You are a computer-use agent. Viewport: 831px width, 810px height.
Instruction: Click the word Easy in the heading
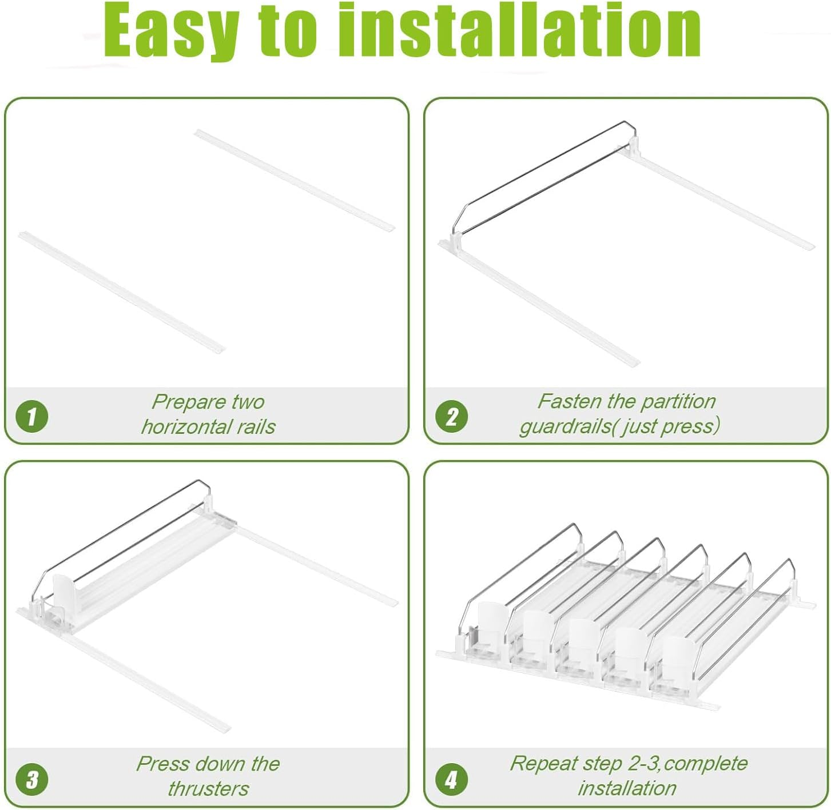click(171, 33)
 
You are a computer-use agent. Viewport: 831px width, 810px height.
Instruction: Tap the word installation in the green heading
click(519, 30)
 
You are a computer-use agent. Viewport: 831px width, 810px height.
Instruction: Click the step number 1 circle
click(31, 416)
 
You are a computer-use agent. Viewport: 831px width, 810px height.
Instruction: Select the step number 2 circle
click(451, 416)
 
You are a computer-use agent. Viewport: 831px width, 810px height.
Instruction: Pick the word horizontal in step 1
click(186, 426)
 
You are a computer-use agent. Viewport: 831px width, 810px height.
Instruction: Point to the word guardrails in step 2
click(565, 427)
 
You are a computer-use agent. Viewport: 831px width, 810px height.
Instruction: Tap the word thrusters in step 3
click(208, 789)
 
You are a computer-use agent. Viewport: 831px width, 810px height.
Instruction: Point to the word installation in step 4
click(627, 789)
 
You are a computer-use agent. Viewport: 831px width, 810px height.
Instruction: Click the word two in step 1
click(248, 402)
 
